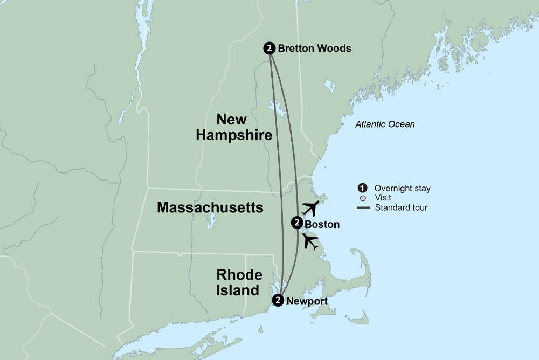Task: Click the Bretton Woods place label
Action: click(x=314, y=49)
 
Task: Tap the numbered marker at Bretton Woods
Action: click(x=269, y=49)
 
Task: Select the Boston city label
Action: click(x=322, y=224)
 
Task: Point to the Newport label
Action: click(x=307, y=301)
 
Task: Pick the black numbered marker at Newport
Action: click(x=278, y=301)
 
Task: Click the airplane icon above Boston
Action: click(x=310, y=207)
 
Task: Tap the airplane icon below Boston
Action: click(x=310, y=241)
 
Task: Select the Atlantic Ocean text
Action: click(x=385, y=124)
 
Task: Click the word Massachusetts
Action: click(x=210, y=207)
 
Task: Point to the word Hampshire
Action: click(x=233, y=135)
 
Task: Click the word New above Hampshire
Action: click(x=232, y=119)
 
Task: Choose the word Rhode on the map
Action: click(x=239, y=274)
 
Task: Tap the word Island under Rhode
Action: click(x=238, y=290)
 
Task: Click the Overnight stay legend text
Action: click(x=402, y=189)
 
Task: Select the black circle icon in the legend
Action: click(x=362, y=188)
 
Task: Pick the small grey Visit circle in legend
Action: click(x=362, y=198)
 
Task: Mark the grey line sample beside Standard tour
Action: click(x=362, y=207)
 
